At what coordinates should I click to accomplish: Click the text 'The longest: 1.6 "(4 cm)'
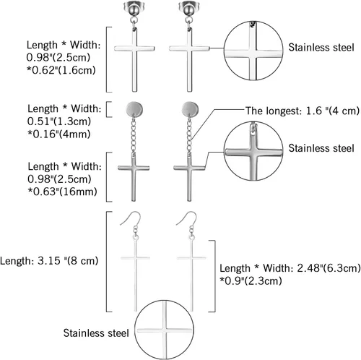point(303,111)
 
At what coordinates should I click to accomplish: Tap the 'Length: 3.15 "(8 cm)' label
point(49,261)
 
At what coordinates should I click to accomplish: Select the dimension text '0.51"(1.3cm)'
point(59,121)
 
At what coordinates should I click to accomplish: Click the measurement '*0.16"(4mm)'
point(59,134)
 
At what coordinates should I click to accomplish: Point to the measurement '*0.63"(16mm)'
point(62,192)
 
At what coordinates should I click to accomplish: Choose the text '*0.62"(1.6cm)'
point(61,70)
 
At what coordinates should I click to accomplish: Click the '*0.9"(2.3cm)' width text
point(251,280)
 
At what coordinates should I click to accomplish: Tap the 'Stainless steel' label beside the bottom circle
point(96,333)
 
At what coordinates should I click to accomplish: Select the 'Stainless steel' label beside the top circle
point(321,47)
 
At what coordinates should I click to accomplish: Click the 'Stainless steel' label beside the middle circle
point(321,148)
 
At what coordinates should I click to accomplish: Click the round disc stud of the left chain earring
point(134,108)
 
